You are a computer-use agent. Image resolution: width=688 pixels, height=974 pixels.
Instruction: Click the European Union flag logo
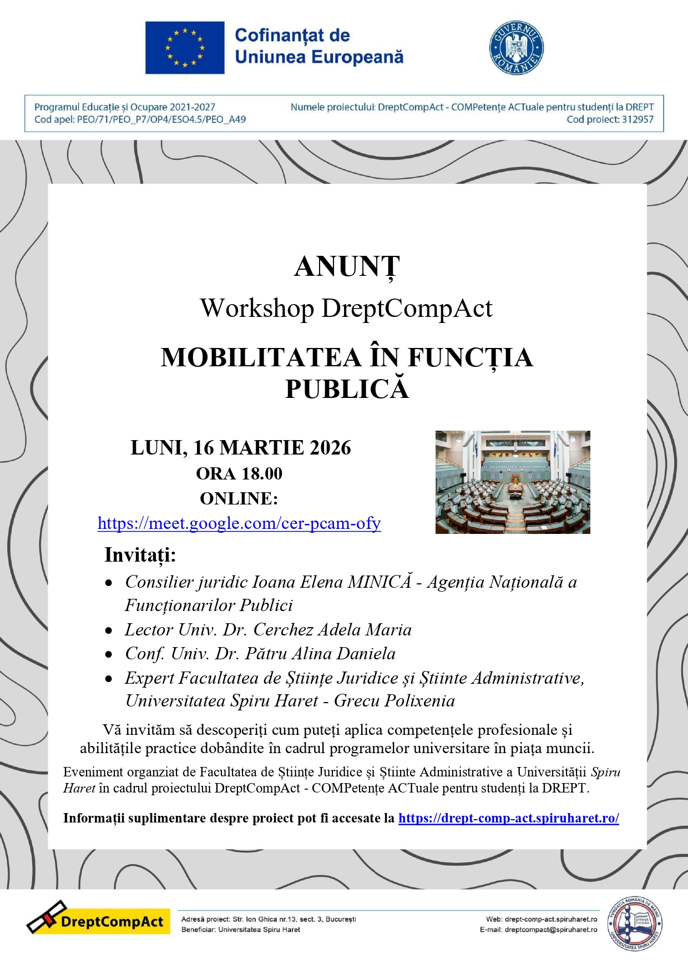185,48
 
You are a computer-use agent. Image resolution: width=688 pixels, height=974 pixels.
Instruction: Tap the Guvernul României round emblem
516,48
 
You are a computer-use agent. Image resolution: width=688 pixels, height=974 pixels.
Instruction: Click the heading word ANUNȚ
347,267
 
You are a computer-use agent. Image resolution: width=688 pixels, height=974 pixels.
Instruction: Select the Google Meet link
239,523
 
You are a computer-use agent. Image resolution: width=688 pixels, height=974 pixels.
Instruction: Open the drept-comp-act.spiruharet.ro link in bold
508,818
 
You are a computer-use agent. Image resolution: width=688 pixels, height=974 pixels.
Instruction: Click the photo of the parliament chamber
513,482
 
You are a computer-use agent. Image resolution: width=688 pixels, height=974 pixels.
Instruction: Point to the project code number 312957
637,119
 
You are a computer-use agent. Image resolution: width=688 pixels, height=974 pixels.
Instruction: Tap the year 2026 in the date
330,448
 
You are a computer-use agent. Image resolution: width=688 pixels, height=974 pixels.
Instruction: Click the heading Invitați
140,555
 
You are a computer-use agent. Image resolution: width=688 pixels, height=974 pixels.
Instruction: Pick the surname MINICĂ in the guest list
380,582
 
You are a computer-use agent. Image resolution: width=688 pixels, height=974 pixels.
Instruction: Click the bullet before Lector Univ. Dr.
109,631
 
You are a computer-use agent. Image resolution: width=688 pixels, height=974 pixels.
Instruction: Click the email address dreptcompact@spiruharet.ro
551,930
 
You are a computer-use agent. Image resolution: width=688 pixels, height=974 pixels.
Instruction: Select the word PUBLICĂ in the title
347,389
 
